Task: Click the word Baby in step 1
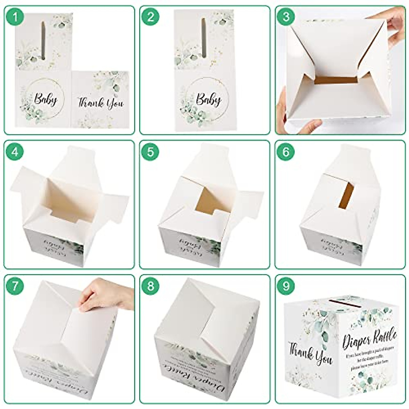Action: tap(45, 100)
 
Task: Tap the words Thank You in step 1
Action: tap(101, 103)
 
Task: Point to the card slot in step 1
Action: tap(43, 40)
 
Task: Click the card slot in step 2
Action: tap(203, 37)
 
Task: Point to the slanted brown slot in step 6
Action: tap(346, 196)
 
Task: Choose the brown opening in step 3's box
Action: tap(336, 80)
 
